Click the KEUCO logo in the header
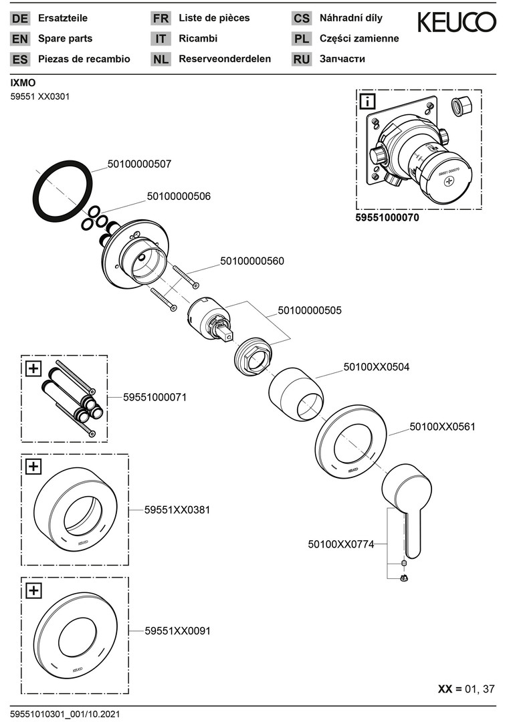(457, 22)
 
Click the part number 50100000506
(179, 197)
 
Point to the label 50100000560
(252, 261)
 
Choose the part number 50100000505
(310, 310)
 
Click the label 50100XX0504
(377, 366)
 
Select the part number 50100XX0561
(442, 426)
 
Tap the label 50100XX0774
(341, 545)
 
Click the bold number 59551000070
(387, 218)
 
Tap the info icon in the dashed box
(368, 102)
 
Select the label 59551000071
(154, 397)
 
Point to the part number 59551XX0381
(177, 509)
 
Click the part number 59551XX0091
(177, 630)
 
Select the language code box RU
(302, 59)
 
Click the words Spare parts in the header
(66, 39)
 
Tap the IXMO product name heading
(23, 83)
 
